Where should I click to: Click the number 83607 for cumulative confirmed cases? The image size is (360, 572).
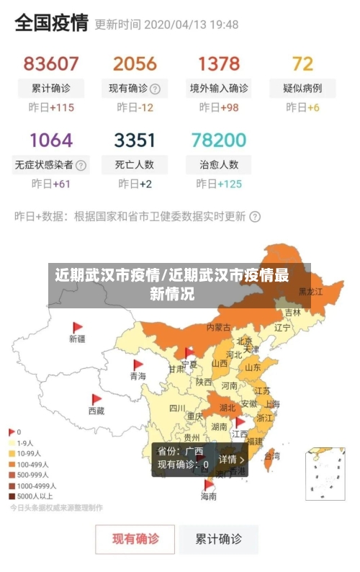pyautogui.click(x=50, y=63)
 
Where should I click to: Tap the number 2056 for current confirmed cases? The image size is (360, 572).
pyautogui.click(x=135, y=63)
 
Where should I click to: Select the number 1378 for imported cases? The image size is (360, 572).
pyautogui.click(x=219, y=63)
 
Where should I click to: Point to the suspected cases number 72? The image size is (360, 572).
pyautogui.click(x=302, y=63)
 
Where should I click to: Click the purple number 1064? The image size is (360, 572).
pyautogui.click(x=50, y=139)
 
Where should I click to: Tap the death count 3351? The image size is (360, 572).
pyautogui.click(x=135, y=139)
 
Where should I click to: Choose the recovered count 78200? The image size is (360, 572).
pyautogui.click(x=219, y=139)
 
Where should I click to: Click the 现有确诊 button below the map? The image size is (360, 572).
pyautogui.click(x=135, y=538)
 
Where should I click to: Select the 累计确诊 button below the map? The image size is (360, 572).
pyautogui.click(x=220, y=538)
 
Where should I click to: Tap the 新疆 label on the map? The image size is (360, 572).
pyautogui.click(x=77, y=338)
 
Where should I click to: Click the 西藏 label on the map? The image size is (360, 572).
pyautogui.click(x=96, y=411)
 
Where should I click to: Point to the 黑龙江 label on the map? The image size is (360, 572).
pyautogui.click(x=311, y=292)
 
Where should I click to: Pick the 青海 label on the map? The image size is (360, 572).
pyautogui.click(x=138, y=376)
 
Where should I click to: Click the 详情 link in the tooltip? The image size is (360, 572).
pyautogui.click(x=231, y=459)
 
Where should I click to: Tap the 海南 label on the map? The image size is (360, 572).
pyautogui.click(x=208, y=496)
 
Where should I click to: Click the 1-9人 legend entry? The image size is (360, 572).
pyautogui.click(x=25, y=443)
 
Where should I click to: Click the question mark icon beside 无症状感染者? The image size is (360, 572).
pyautogui.click(x=81, y=165)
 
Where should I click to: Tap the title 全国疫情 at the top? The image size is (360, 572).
pyautogui.click(x=51, y=23)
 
